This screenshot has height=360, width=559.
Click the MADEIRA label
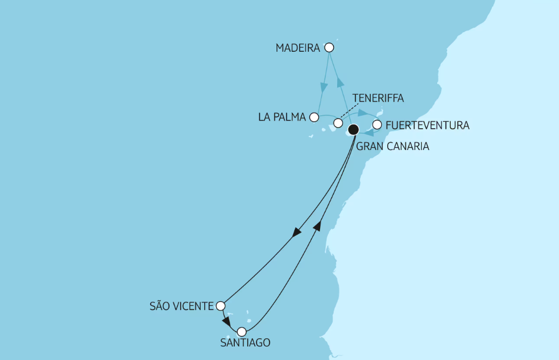[298, 48]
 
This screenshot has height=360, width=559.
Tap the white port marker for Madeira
[330, 47]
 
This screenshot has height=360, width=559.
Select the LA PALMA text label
[282, 117]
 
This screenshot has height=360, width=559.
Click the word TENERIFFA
[377, 98]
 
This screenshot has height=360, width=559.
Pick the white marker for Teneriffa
[338, 123]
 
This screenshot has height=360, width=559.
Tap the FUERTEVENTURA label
[427, 125]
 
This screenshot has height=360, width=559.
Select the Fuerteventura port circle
[377, 125]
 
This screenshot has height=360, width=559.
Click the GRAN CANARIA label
[392, 146]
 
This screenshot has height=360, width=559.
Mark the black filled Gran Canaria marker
[353, 129]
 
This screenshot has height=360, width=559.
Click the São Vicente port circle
[221, 306]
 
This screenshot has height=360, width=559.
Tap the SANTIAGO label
[245, 343]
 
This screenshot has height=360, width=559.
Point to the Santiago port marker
[241, 332]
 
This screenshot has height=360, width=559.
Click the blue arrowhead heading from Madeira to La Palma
[324, 88]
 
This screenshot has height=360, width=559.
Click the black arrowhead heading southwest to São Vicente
[297, 233]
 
